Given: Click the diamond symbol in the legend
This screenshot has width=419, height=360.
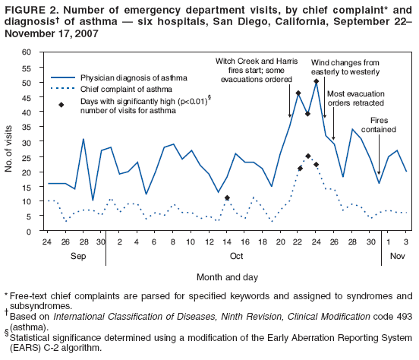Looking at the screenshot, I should (61, 104).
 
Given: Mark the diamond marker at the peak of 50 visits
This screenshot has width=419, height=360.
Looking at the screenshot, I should (316, 81).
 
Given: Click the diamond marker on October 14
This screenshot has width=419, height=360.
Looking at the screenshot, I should (227, 197).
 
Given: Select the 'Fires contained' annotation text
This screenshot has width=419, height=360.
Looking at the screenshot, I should (383, 125).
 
